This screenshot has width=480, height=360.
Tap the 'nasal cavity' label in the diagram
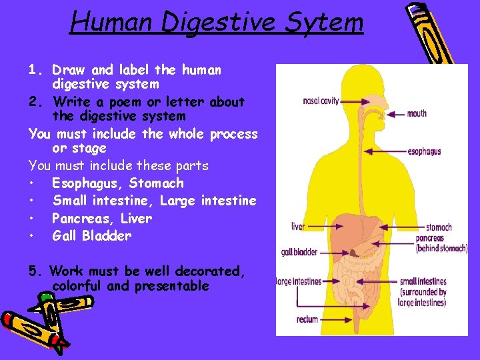click(321, 101)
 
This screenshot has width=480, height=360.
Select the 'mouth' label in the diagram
click(417, 113)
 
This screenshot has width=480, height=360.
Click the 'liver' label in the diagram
click(297, 227)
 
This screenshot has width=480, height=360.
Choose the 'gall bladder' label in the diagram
click(299, 253)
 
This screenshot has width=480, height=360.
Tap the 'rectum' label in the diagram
click(307, 319)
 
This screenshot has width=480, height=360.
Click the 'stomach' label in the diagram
click(439, 227)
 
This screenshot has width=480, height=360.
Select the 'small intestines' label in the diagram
click(423, 281)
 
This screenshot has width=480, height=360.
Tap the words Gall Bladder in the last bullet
click(91, 236)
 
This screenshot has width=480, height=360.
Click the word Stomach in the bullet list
click(157, 183)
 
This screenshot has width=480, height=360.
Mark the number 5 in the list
click(33, 271)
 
